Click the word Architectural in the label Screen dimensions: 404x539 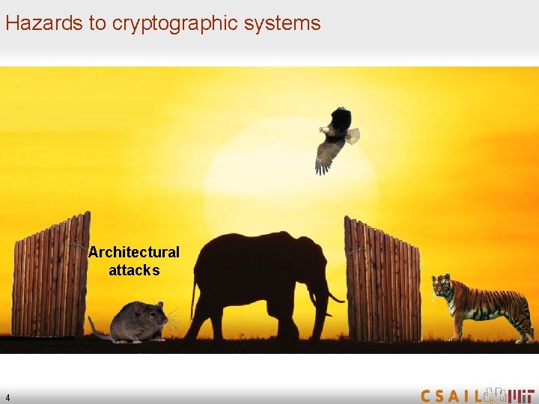click(134, 252)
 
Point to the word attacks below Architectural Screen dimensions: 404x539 click(134, 270)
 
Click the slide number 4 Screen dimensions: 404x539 click(7, 397)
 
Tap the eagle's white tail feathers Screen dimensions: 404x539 click(352, 136)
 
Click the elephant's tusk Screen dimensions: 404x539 click(334, 299)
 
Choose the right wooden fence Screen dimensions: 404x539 click(382, 281)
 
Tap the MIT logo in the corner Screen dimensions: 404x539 click(516, 394)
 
